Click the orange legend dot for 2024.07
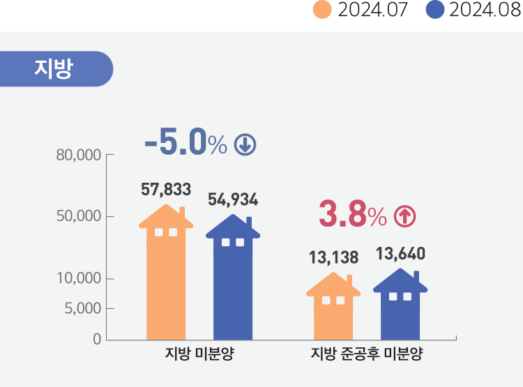(x=322, y=11)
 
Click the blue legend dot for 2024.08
(x=435, y=11)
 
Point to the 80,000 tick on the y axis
(x=78, y=154)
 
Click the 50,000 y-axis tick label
(x=78, y=216)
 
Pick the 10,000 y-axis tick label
(x=78, y=279)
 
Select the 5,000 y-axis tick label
(x=82, y=308)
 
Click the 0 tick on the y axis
(x=96, y=340)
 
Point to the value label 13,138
(x=333, y=258)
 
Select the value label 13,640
(x=400, y=253)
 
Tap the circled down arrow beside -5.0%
(x=245, y=144)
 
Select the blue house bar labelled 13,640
(x=400, y=307)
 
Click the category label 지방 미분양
(x=199, y=354)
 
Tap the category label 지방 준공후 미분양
(x=367, y=354)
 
